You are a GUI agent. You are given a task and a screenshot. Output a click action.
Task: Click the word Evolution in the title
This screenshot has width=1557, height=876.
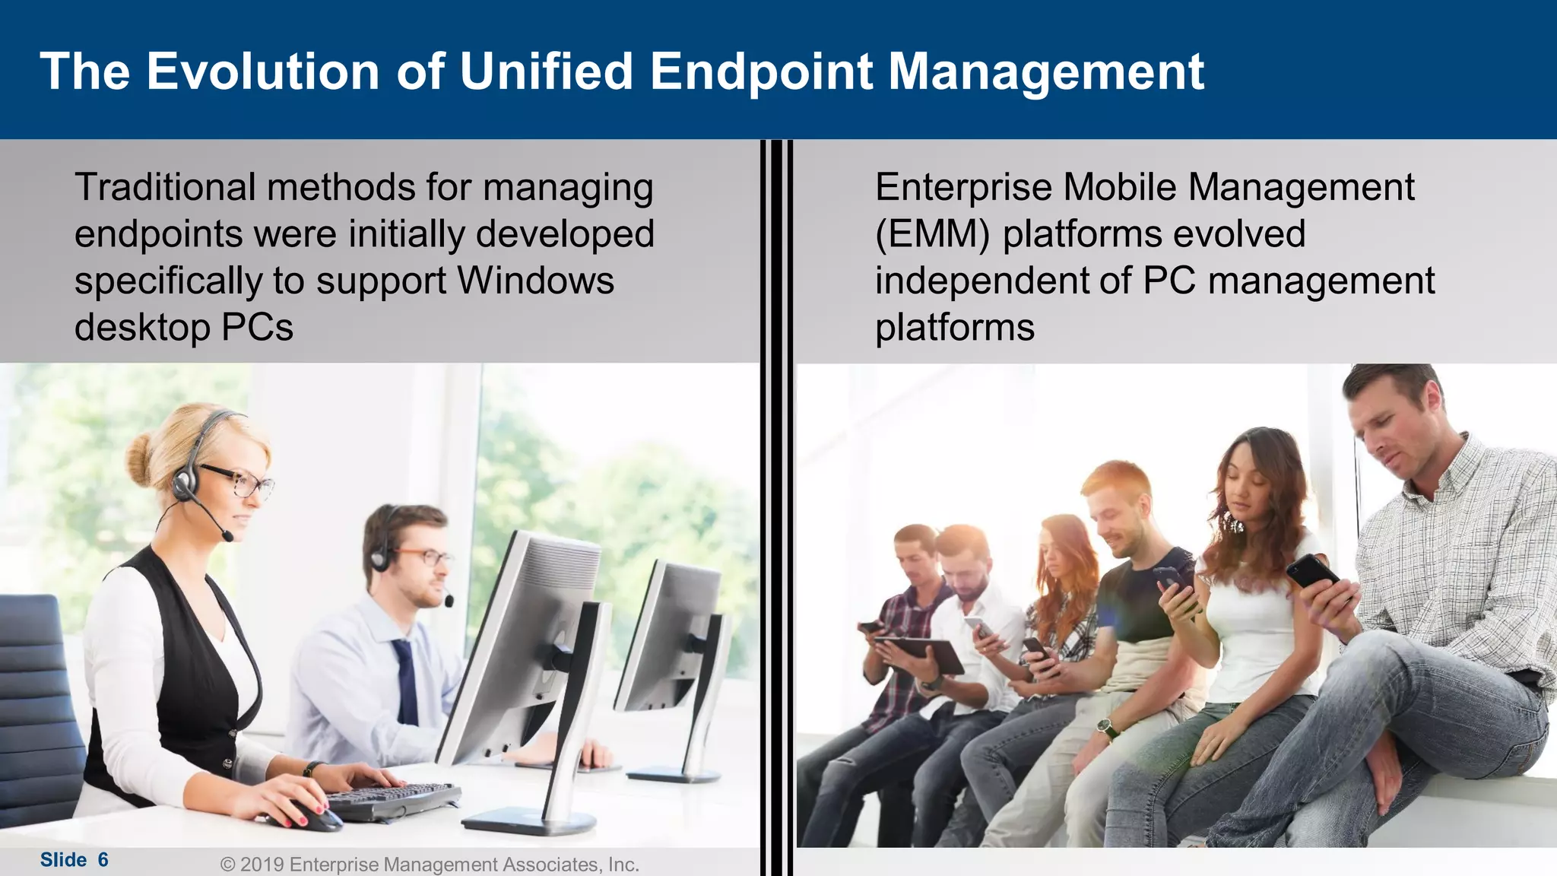pyautogui.click(x=262, y=72)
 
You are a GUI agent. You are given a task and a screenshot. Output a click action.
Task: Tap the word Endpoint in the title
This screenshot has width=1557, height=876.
pyautogui.click(x=762, y=72)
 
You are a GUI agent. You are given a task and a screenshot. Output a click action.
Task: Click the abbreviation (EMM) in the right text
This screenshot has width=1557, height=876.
pyautogui.click(x=932, y=233)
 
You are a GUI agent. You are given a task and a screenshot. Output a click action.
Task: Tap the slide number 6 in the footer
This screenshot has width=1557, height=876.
pyautogui.click(x=103, y=860)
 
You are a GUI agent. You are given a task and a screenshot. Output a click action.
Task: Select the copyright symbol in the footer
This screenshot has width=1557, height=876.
pyautogui.click(x=227, y=865)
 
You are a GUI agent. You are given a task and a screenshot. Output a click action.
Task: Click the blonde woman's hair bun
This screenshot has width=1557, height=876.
pyautogui.click(x=141, y=459)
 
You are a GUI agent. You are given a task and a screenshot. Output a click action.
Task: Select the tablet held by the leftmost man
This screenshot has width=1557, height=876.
pyautogui.click(x=920, y=652)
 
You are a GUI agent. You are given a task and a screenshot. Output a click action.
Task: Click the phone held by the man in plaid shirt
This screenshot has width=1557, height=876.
pyautogui.click(x=1313, y=570)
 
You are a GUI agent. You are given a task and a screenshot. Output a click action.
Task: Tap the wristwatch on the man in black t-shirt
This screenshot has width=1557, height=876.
pyautogui.click(x=1107, y=728)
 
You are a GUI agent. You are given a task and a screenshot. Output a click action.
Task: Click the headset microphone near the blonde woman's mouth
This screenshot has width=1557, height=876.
pyautogui.click(x=227, y=537)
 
